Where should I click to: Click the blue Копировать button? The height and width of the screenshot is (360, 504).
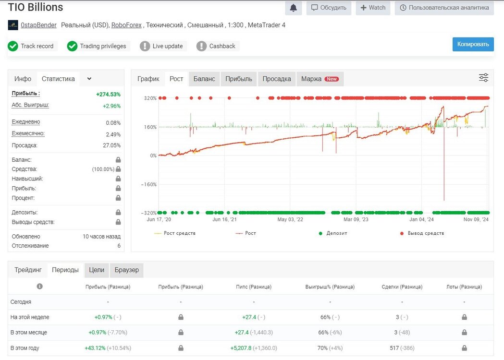[473, 44]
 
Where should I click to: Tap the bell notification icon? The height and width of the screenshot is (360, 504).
[293, 8]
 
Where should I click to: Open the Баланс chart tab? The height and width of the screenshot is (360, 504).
[204, 79]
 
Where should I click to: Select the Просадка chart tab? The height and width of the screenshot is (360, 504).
[276, 79]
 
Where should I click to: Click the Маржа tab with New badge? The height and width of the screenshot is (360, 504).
[320, 79]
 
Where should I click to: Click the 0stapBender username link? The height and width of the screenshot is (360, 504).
[38, 25]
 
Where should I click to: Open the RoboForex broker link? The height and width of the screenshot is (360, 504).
[126, 25]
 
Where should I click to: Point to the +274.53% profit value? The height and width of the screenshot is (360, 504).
[108, 95]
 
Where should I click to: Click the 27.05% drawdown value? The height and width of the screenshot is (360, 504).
[111, 145]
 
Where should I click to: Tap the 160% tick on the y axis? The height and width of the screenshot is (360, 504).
[150, 127]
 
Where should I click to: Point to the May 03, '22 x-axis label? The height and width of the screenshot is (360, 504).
[290, 219]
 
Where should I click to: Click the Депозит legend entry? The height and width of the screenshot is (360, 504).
[333, 233]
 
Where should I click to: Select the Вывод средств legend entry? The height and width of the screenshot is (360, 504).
[422, 233]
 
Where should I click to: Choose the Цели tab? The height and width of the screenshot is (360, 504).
[97, 270]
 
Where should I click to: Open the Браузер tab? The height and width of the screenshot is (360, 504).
[127, 270]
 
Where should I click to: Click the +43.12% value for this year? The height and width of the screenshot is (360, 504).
[95, 348]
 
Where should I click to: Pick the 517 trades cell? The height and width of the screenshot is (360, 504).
[394, 348]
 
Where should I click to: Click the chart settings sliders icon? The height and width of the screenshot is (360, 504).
[483, 77]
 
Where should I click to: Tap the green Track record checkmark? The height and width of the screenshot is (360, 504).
[13, 46]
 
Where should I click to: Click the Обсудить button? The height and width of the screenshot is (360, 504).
[329, 8]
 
